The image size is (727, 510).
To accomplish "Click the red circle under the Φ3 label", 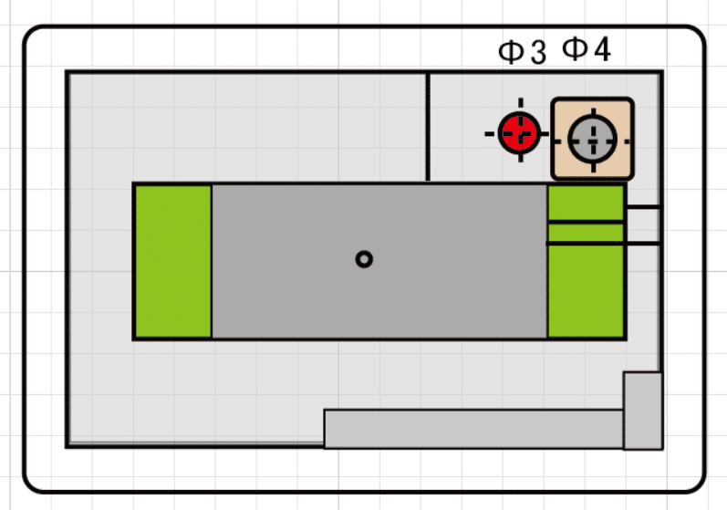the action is click(x=519, y=133).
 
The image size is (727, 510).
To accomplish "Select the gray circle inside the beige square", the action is click(x=593, y=139).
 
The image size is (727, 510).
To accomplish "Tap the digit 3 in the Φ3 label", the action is click(x=538, y=52).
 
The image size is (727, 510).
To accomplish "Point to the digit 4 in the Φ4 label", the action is click(x=602, y=49).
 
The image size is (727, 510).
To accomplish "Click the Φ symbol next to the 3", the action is click(x=511, y=51).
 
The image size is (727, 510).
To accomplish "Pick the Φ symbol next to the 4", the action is click(x=575, y=48).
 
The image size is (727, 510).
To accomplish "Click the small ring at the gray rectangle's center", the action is click(x=364, y=259).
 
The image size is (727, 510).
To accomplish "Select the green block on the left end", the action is click(x=173, y=262).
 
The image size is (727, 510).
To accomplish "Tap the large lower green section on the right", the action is click(x=586, y=291).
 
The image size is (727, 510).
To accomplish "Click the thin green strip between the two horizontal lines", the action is click(x=586, y=233).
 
